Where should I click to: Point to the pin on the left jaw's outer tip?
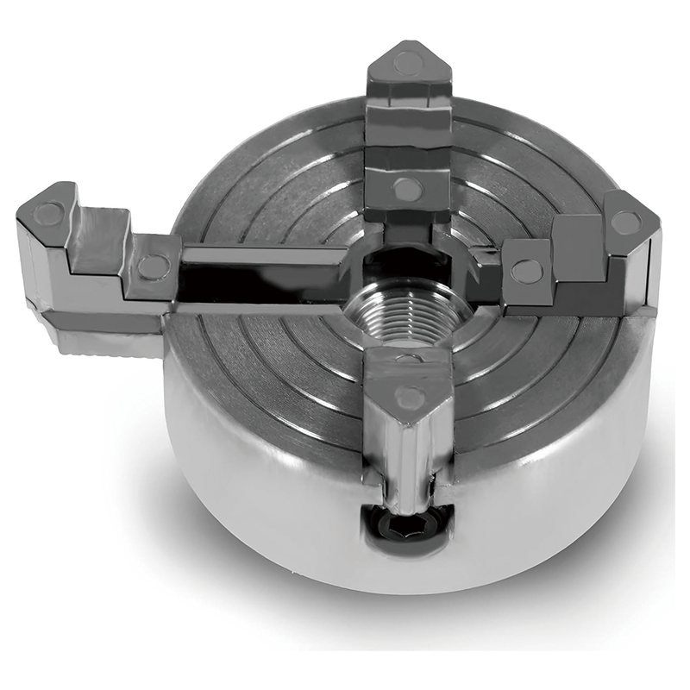pyautogui.click(x=50, y=212)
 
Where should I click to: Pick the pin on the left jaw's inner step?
pyautogui.click(x=153, y=267)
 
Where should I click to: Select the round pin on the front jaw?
pyautogui.click(x=409, y=398)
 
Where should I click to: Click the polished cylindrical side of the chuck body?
pyautogui.click(x=259, y=483)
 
